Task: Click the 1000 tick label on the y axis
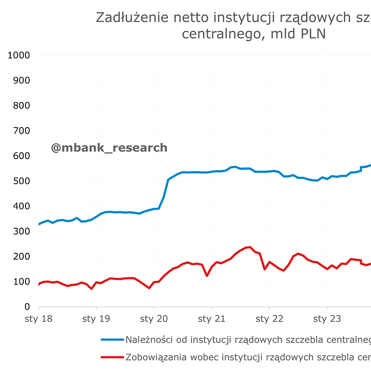point(19,55)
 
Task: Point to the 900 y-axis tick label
point(21,80)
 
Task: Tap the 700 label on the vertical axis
point(21,131)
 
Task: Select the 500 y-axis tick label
point(21,181)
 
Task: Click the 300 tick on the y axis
point(21,231)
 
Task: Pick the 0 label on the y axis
point(27,307)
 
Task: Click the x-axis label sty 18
point(38,319)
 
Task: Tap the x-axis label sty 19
point(96,319)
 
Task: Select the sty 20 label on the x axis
point(154,319)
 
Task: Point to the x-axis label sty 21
point(211,319)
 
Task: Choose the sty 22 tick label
point(269,319)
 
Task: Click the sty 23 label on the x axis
point(327,319)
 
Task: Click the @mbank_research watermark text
point(109,148)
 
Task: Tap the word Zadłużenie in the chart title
point(127,18)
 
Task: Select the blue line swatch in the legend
point(112,340)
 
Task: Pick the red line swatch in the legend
point(112,357)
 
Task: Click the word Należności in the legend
point(149,340)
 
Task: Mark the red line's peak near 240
point(250,247)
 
